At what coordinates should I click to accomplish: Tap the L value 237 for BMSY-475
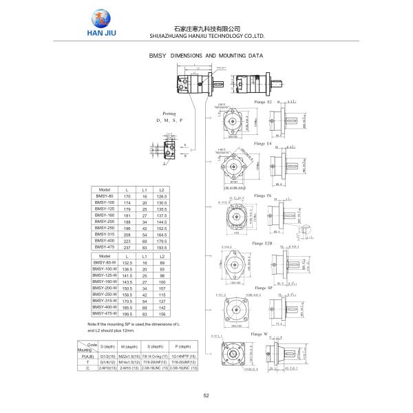point(127,246)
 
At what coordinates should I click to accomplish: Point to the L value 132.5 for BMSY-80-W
point(127,262)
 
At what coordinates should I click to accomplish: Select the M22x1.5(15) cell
point(130,357)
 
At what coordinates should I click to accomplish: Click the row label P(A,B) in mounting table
point(87,357)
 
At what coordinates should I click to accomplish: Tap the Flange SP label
point(262,288)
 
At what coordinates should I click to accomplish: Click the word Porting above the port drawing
point(169,112)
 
